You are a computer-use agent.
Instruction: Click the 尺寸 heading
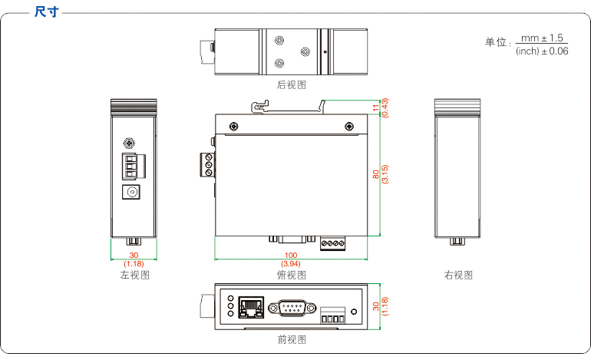tap(47, 12)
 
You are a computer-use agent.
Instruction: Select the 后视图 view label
tap(292, 84)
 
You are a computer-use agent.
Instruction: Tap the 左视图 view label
tap(134, 275)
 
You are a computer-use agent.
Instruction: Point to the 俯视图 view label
tap(291, 275)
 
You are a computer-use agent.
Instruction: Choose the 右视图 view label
tap(458, 275)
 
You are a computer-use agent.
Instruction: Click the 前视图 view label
tap(292, 339)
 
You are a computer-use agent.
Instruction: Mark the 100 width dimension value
tap(291, 255)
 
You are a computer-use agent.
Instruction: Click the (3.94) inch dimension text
tap(291, 263)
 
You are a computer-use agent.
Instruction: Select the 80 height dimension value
tap(376, 174)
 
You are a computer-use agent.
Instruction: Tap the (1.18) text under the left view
tap(134, 263)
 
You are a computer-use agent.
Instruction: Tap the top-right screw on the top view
tap(349, 126)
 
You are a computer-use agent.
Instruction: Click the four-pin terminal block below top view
tap(334, 243)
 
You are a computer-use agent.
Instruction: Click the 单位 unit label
tap(496, 42)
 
